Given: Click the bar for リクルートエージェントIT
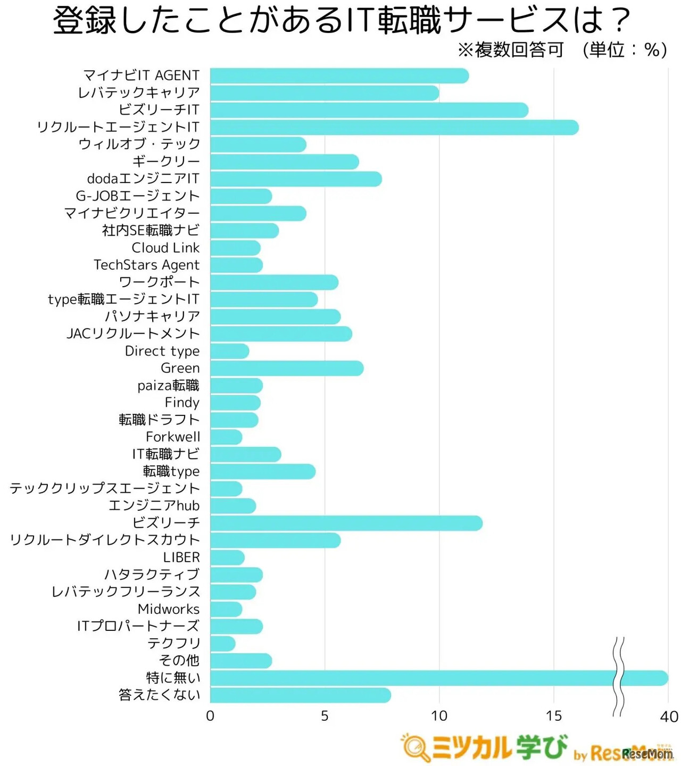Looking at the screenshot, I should click(x=394, y=128).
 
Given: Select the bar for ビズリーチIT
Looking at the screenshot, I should click(x=369, y=110).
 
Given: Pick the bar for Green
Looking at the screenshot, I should click(x=286, y=368).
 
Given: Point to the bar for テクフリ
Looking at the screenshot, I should click(x=222, y=644).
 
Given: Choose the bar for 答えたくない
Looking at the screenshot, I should click(x=300, y=695).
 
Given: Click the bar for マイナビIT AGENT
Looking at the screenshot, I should click(x=339, y=76).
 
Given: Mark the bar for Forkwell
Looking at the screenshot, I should click(x=226, y=437).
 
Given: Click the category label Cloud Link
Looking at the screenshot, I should click(x=165, y=248).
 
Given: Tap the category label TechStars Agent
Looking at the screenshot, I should click(x=146, y=265).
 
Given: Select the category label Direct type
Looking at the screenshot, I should click(x=162, y=351).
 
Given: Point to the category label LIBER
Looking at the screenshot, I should click(x=181, y=557).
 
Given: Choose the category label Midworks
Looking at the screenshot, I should click(x=168, y=609).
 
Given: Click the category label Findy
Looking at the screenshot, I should click(x=182, y=403).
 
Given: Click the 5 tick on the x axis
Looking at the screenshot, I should click(x=325, y=717).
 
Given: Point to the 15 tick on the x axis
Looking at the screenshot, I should click(x=554, y=717).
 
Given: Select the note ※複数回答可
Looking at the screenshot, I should click(x=510, y=50).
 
